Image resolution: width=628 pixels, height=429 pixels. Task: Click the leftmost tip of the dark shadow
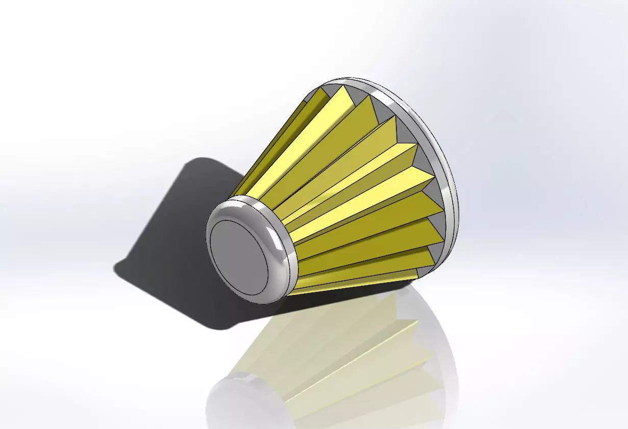coord(114,267)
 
